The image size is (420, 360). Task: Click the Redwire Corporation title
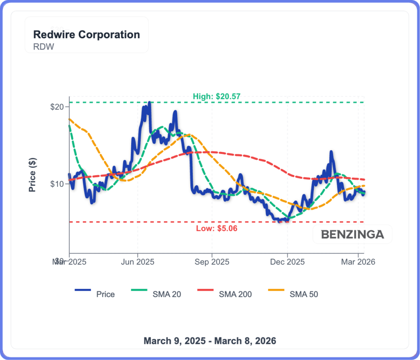pyautogui.click(x=86, y=34)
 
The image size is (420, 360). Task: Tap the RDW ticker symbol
pyautogui.click(x=43, y=46)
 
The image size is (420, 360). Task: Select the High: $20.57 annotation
pyautogui.click(x=216, y=97)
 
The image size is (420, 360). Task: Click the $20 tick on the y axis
pyautogui.click(x=57, y=107)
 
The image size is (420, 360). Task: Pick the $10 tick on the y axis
pyautogui.click(x=57, y=183)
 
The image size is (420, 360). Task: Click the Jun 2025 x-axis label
pyautogui.click(x=138, y=262)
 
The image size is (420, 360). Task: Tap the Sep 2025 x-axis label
pyautogui.click(x=212, y=262)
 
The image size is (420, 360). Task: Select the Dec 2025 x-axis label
pyautogui.click(x=288, y=262)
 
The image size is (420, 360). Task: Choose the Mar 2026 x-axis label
pyautogui.click(x=358, y=262)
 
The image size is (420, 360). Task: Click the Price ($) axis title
pyautogui.click(x=32, y=175)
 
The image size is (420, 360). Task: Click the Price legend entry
pyautogui.click(x=105, y=294)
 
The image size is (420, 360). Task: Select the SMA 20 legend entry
pyautogui.click(x=167, y=294)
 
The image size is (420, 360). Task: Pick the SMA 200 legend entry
pyautogui.click(x=235, y=294)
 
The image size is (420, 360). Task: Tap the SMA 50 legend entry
pyautogui.click(x=304, y=294)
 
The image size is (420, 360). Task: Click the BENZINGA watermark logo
pyautogui.click(x=352, y=234)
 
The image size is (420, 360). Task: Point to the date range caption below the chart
pyautogui.click(x=210, y=341)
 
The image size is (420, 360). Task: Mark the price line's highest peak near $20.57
pyautogui.click(x=149, y=103)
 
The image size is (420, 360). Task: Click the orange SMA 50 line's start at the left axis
pyautogui.click(x=70, y=119)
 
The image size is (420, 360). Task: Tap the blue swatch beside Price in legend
pyautogui.click(x=82, y=291)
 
